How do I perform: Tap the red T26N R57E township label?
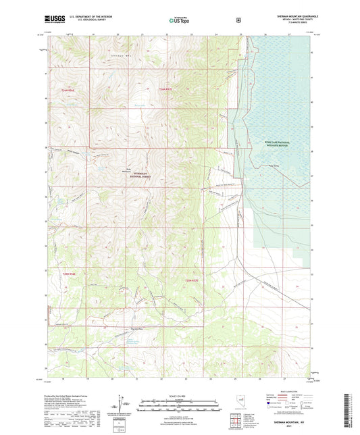click(x=166, y=89)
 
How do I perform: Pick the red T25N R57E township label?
click(x=192, y=279)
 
